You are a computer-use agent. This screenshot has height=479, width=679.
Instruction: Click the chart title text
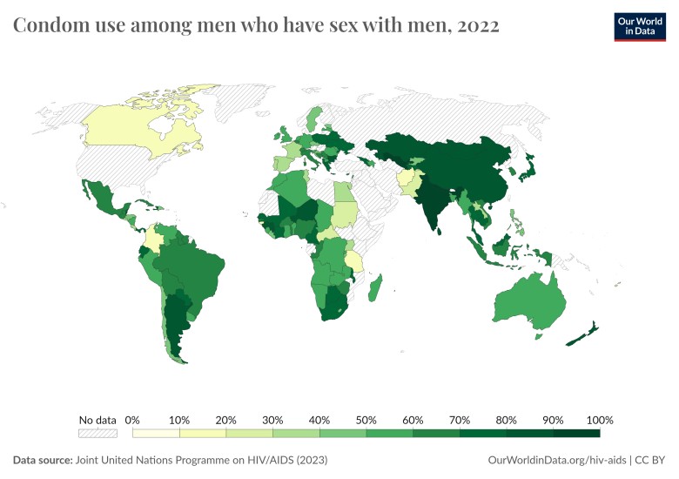256,26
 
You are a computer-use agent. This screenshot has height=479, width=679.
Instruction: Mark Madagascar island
376,287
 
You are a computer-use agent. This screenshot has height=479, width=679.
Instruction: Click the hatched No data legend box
97,432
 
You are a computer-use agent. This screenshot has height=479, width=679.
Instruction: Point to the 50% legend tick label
366,420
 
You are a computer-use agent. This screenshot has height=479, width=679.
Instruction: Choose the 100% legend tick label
600,420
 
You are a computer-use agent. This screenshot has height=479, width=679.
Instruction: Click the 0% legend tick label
133,420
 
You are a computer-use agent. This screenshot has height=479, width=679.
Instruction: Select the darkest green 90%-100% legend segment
576,432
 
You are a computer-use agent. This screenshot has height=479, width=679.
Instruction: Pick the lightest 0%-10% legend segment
156,432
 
